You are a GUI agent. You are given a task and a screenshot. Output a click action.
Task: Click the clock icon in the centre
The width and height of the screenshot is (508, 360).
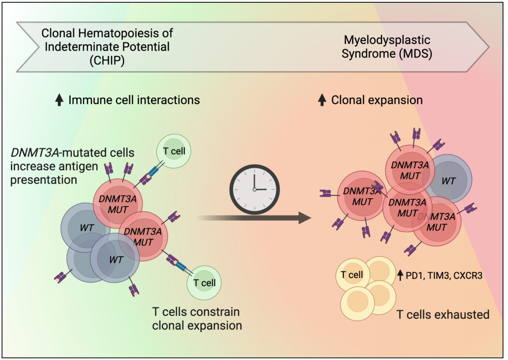point(254,189)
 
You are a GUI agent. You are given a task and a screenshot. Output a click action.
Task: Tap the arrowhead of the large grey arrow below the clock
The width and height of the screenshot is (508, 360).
point(305,218)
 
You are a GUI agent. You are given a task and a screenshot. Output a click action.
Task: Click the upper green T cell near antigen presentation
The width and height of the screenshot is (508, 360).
point(174,151)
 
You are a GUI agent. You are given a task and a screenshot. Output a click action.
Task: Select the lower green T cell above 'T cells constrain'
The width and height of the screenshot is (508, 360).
point(204,283)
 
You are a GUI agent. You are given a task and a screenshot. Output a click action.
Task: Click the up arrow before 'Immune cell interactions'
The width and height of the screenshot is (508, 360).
point(59,100)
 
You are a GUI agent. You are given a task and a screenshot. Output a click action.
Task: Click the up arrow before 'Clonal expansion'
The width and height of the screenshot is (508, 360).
point(322,100)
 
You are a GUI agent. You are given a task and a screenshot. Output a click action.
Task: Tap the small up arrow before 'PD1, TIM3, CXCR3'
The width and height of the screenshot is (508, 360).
point(400,275)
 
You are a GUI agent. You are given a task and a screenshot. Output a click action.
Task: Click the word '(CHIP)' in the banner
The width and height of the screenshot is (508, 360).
point(107,60)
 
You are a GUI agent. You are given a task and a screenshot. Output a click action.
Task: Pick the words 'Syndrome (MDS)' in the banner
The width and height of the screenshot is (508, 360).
point(387,54)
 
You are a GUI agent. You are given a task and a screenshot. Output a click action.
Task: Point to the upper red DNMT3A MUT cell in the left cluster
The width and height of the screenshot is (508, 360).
point(117,203)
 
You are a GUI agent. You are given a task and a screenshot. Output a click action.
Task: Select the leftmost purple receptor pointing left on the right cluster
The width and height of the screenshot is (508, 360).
point(326,193)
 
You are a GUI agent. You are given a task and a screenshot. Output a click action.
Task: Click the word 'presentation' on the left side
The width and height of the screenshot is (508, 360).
point(44,180)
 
